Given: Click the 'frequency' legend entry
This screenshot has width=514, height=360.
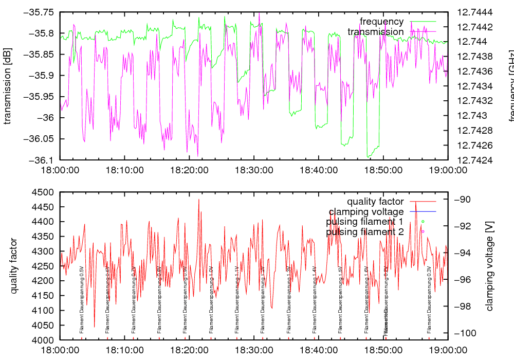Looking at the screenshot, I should tap(381, 22).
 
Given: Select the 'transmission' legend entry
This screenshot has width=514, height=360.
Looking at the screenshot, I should tap(375, 32).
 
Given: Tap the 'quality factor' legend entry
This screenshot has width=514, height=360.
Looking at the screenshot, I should tap(375, 202).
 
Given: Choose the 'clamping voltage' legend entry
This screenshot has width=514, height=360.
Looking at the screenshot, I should tap(366, 212).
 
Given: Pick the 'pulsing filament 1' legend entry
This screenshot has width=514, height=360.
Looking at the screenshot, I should tap(364, 222).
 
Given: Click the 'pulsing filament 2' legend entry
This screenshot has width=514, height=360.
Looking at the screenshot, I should tap(364, 232).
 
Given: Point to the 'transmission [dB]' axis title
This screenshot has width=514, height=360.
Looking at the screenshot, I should tap(8, 85).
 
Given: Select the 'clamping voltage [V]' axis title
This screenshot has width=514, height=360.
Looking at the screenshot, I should tap(489, 266).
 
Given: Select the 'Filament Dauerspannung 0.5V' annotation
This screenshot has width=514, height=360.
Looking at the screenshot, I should tap(82, 300).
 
